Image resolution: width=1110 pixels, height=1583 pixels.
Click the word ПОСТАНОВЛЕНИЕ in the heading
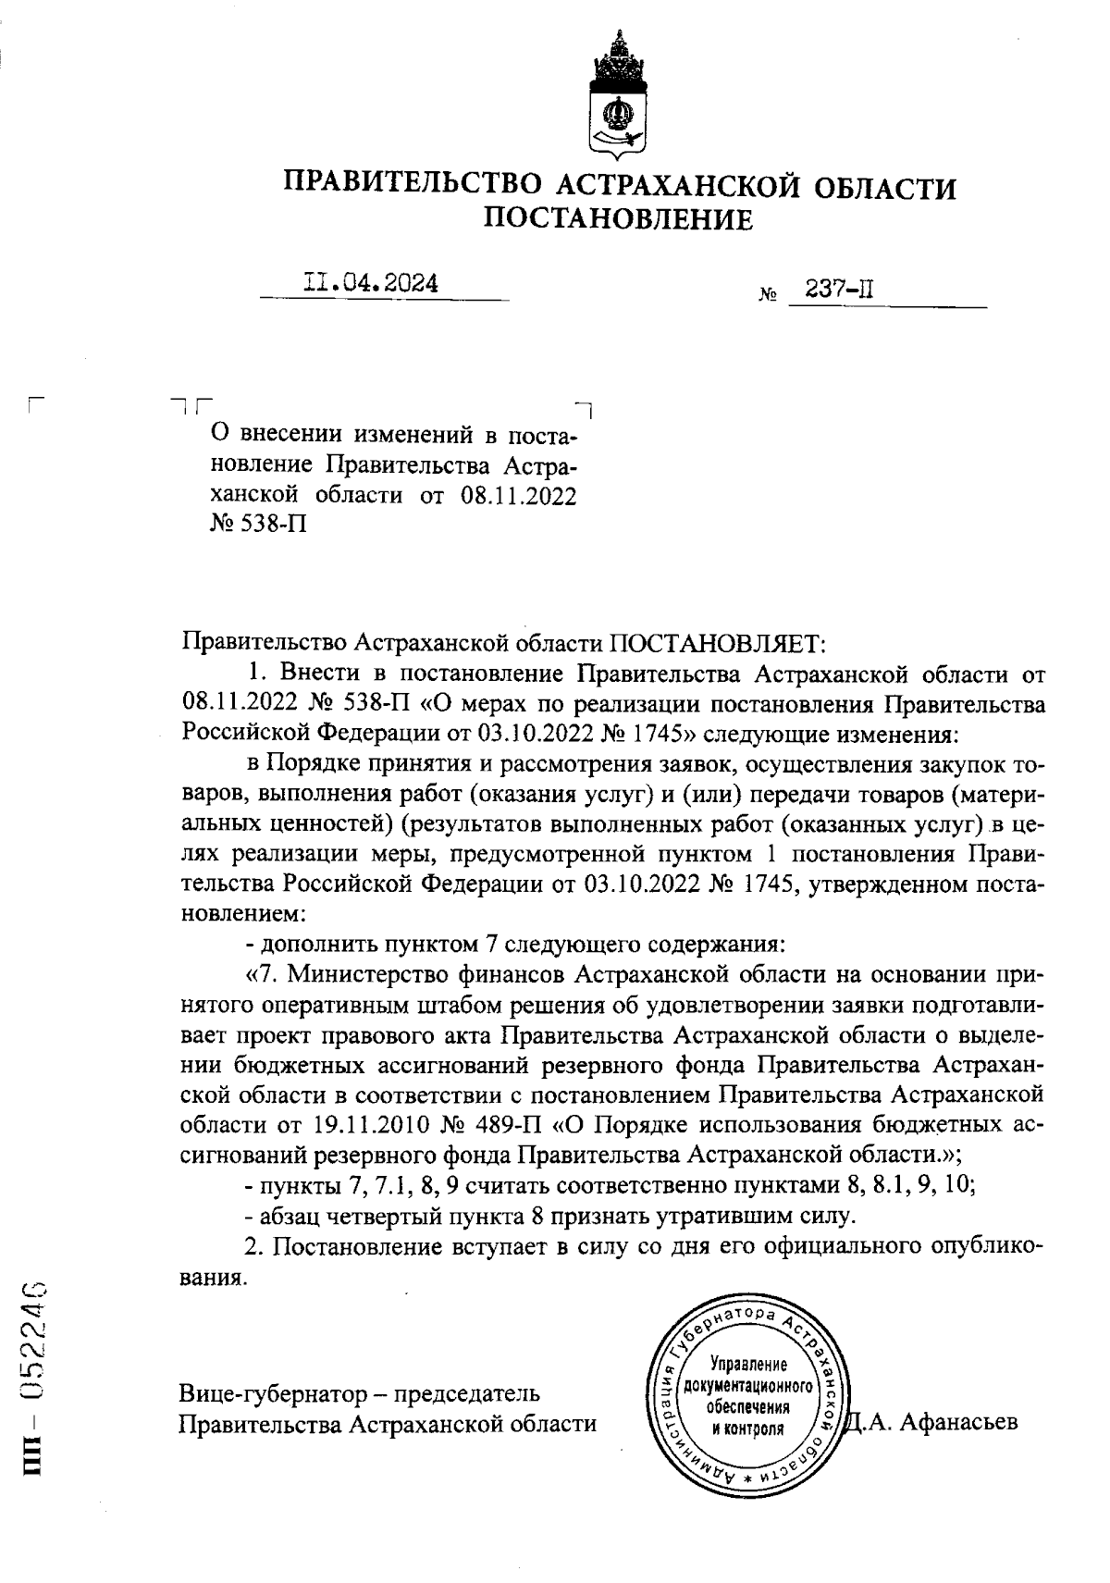click(619, 219)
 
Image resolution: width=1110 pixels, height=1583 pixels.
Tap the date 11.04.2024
click(371, 283)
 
